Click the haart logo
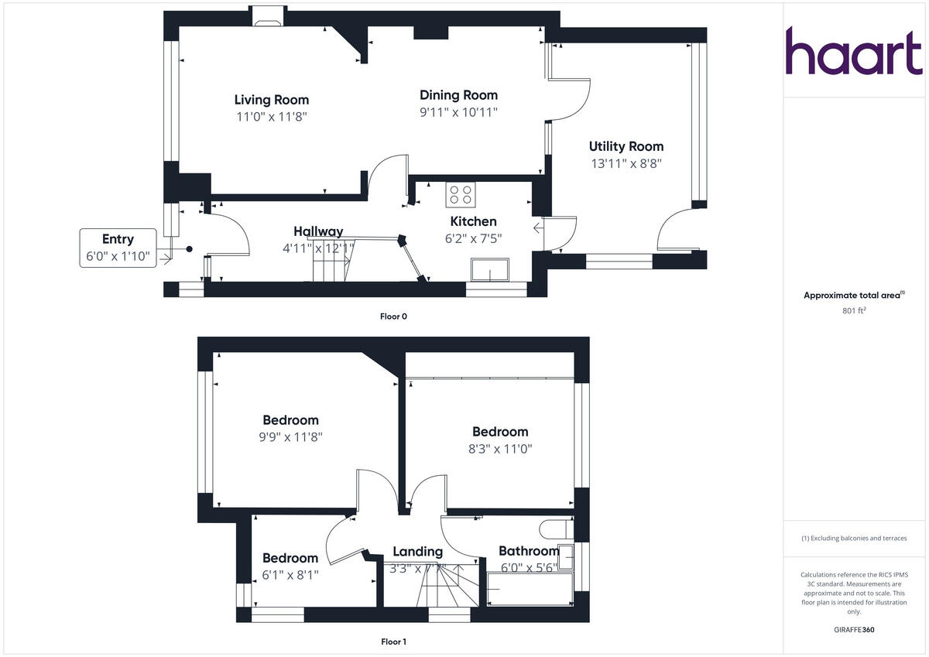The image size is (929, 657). click(x=854, y=51)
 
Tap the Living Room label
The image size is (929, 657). click(x=272, y=100)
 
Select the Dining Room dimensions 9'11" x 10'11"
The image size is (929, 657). click(x=458, y=112)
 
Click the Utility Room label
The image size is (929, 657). click(x=626, y=146)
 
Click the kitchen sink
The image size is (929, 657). click(x=488, y=271)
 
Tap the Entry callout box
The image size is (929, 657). click(x=118, y=248)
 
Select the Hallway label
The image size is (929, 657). click(x=318, y=231)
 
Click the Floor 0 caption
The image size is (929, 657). click(x=393, y=316)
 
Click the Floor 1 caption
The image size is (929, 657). click(x=393, y=642)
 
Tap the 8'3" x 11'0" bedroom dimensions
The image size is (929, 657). click(x=500, y=448)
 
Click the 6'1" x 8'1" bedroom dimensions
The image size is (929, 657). click(x=290, y=575)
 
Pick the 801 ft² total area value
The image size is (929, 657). click(x=854, y=311)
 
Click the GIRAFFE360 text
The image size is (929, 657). click(x=854, y=630)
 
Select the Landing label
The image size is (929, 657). click(x=417, y=552)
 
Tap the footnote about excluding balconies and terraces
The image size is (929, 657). click(x=854, y=538)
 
